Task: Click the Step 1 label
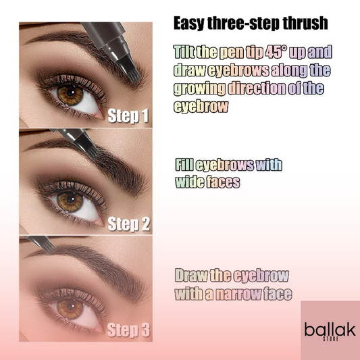tap(128, 115)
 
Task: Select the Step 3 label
tap(128, 331)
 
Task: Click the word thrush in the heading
tap(303, 23)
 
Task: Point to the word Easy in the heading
tap(188, 23)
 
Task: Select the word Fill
tap(185, 165)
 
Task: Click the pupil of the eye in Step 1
tap(66, 93)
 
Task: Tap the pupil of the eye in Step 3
tap(70, 307)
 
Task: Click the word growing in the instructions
tap(203, 88)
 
